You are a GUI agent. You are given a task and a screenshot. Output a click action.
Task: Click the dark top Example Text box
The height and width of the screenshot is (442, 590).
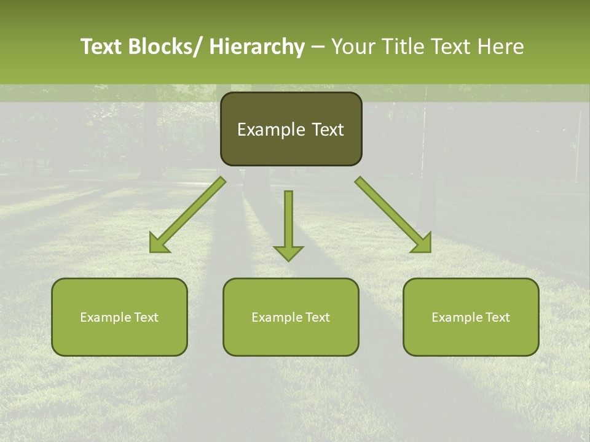coord(291,129)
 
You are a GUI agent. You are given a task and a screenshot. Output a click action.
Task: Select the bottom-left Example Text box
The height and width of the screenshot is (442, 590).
coord(119,317)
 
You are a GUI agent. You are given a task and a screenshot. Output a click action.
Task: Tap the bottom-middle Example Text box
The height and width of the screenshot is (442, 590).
coord(291,317)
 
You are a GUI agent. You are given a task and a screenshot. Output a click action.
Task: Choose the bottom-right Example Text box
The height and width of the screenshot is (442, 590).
coord(471,317)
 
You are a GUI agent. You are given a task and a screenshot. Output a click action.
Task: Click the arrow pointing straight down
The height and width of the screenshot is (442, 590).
coord(288,224)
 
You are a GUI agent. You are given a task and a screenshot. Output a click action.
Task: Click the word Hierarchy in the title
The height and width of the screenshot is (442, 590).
coord(257,47)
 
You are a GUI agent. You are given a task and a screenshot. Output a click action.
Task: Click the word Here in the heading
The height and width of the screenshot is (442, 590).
coord(500,47)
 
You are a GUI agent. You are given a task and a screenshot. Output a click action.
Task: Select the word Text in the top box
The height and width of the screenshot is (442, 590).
coord(328,130)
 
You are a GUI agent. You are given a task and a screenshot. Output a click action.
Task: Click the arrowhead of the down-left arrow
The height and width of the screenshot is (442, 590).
coord(159,244)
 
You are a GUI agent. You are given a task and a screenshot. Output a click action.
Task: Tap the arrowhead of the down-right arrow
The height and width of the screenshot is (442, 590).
coord(422,244)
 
